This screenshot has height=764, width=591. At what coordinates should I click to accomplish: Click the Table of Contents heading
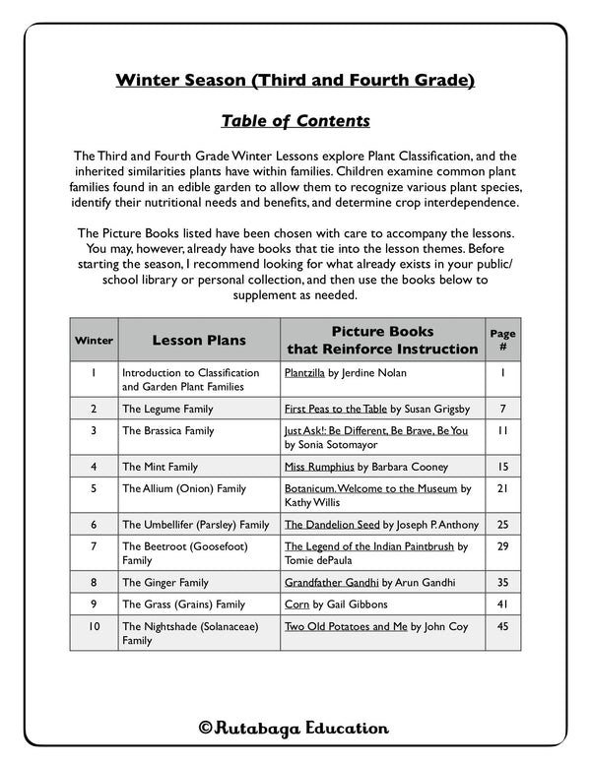[x=295, y=121]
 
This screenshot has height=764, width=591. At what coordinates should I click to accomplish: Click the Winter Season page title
[x=295, y=80]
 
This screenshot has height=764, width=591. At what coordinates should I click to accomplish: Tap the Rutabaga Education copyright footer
[x=294, y=729]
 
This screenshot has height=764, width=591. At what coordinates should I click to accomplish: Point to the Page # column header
[x=502, y=340]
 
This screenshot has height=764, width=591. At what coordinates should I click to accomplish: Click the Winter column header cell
[x=94, y=341]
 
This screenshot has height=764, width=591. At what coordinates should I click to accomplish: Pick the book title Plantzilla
[x=311, y=373]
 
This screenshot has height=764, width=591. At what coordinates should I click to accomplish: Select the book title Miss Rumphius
[x=319, y=467]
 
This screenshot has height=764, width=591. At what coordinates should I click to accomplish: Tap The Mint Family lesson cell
[x=160, y=467]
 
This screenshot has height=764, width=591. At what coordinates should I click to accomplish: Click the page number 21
[x=502, y=488]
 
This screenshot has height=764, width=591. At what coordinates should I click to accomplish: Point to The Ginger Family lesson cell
[x=164, y=583]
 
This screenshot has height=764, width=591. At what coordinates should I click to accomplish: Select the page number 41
[x=502, y=605]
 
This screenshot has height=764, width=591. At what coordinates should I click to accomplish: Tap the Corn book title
[x=296, y=605]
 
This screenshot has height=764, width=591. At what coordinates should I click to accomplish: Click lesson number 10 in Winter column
[x=93, y=626]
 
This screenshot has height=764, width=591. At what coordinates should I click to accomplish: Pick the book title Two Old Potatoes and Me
[x=346, y=626]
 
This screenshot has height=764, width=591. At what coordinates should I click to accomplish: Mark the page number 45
[x=502, y=626]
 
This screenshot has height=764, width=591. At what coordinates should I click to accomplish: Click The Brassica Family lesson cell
[x=167, y=430]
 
